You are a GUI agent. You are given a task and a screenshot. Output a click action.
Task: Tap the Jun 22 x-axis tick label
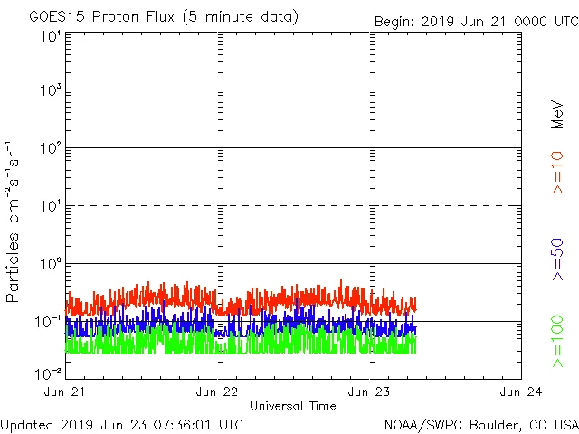(x=218, y=392)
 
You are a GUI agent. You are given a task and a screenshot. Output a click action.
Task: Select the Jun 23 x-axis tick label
(x=370, y=392)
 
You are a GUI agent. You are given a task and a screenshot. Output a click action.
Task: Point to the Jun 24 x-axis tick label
(x=521, y=392)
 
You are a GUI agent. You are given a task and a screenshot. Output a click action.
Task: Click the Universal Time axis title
(x=293, y=406)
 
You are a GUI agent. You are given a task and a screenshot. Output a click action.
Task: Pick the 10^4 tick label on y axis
(x=50, y=37)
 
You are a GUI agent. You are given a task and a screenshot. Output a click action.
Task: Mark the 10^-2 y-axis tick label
(x=49, y=373)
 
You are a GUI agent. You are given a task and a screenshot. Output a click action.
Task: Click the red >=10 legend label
(x=558, y=172)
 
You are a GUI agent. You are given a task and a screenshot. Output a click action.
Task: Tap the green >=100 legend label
(x=558, y=341)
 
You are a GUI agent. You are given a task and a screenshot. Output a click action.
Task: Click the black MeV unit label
(x=558, y=115)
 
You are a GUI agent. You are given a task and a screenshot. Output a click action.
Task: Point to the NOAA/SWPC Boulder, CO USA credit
(x=481, y=424)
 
